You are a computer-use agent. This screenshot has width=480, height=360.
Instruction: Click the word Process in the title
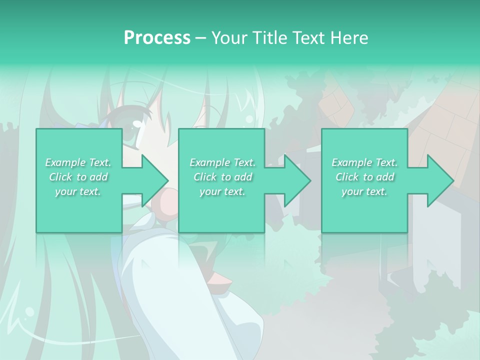pyautogui.click(x=157, y=38)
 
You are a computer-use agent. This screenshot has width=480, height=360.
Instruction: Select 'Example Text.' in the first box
pyautogui.click(x=78, y=162)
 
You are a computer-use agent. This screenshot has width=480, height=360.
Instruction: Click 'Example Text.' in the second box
pyautogui.click(x=222, y=162)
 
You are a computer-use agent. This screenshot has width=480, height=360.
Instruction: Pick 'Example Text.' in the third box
pyautogui.click(x=364, y=162)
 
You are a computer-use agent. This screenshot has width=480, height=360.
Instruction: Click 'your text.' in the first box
pyautogui.click(x=78, y=191)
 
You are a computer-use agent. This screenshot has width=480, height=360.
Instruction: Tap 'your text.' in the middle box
pyautogui.click(x=222, y=191)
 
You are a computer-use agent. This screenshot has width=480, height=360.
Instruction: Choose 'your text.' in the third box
pyautogui.click(x=364, y=191)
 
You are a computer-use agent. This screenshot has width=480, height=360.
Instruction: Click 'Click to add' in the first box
pyautogui.click(x=78, y=177)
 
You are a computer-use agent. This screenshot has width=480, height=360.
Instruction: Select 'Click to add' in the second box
pyautogui.click(x=222, y=177)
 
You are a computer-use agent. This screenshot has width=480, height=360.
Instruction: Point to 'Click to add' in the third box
pyautogui.click(x=364, y=177)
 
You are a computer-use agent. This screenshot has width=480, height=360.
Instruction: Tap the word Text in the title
pyautogui.click(x=307, y=38)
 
